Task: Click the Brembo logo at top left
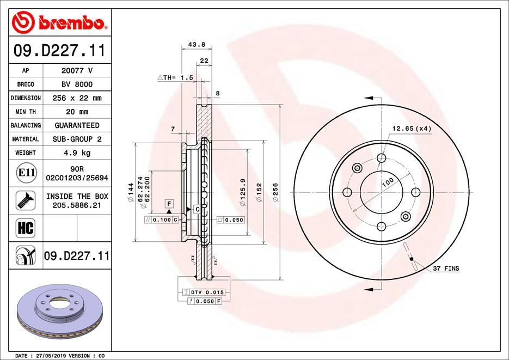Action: coord(58,22)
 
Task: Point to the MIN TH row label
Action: coord(26,112)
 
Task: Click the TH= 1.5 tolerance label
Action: coord(175,78)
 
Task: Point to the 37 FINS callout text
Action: coord(446,269)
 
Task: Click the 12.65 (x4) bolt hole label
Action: coord(412,129)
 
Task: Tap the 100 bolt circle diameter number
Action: coord(387,182)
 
